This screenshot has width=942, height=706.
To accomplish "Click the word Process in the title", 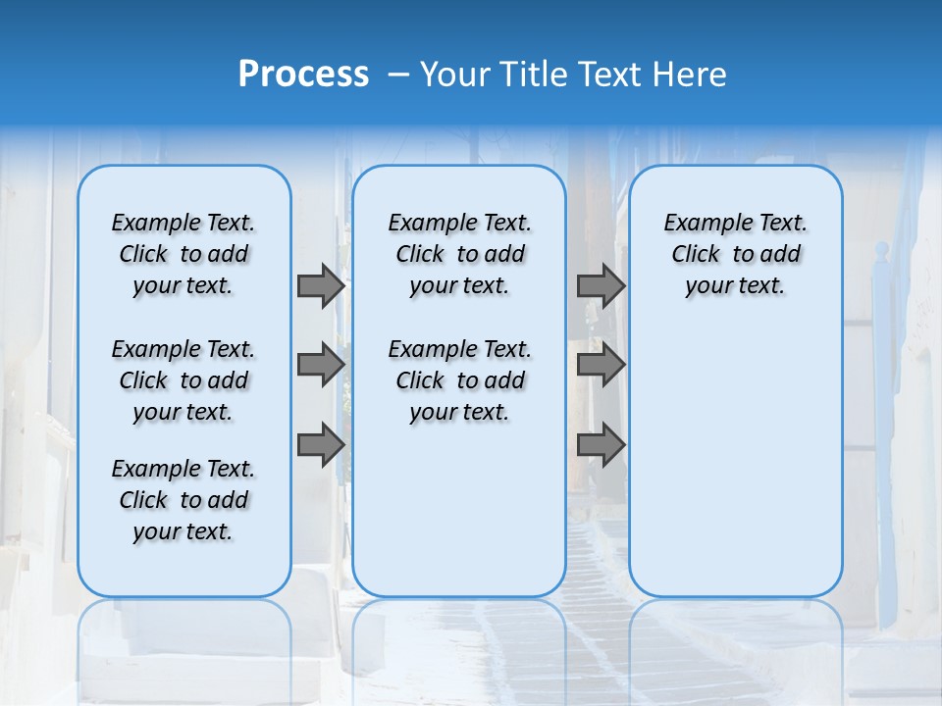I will point(303,74).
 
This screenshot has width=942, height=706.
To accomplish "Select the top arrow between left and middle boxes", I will point(321,285).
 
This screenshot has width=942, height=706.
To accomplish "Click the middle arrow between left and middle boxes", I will point(321,365).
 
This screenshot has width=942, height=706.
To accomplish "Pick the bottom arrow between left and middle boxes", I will point(321,445).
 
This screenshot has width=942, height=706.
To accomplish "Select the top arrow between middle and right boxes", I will point(601,285).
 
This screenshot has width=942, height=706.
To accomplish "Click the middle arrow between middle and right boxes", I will point(601,365).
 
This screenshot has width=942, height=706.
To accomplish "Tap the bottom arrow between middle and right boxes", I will point(601,445).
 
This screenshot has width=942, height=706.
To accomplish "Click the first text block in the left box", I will point(183,254).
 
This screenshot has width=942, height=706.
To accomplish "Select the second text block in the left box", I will point(183,380).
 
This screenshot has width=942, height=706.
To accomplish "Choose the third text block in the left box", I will point(183,500).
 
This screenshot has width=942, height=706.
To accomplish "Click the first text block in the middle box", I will point(459,254).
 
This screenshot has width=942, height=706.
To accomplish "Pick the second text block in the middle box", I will point(459,380).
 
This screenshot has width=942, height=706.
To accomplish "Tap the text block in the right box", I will point(735,254).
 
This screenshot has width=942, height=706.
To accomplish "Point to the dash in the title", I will point(398,74).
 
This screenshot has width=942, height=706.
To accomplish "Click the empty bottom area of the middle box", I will point(459,520).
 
